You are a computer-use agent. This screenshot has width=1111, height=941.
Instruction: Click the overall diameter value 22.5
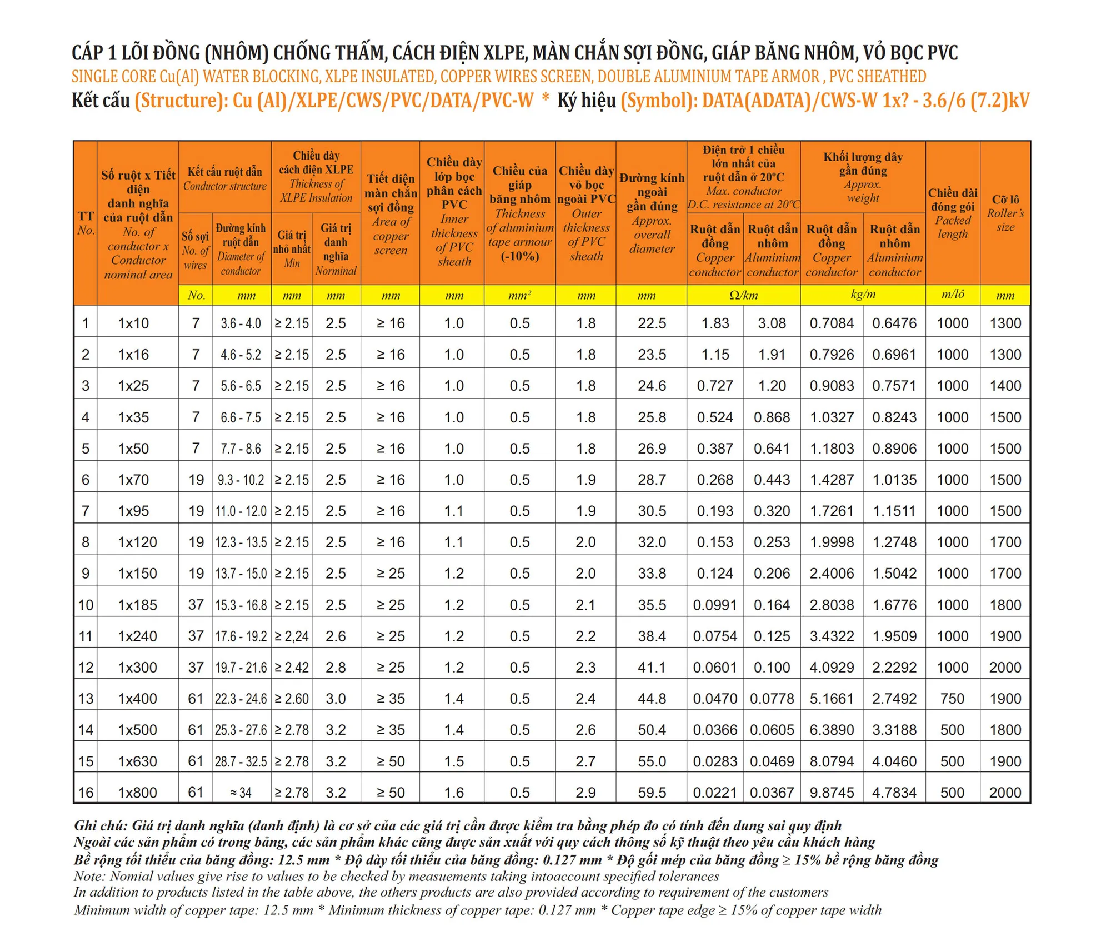point(652,323)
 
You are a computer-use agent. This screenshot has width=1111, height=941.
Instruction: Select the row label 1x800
point(137,793)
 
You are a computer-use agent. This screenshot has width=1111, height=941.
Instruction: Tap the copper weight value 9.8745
point(832,793)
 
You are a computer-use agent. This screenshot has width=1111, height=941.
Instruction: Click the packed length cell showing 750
point(952,699)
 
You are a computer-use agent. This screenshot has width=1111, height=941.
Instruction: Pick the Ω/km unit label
point(743,295)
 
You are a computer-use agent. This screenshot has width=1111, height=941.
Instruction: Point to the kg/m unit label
point(863,295)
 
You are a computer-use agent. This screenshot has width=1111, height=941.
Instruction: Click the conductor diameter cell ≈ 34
point(241,793)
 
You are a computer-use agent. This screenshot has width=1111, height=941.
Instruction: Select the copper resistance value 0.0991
point(715,605)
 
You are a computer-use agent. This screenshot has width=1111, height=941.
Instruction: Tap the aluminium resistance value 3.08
point(772,323)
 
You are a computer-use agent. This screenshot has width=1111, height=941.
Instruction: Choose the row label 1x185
point(137,605)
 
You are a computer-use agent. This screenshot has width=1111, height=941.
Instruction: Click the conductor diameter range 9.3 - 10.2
point(241,480)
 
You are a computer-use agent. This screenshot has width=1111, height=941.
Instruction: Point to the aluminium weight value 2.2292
point(894,668)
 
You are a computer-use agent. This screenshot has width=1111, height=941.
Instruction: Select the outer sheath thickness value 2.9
point(586,793)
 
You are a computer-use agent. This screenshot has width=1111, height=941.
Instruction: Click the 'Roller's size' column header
point(1005,213)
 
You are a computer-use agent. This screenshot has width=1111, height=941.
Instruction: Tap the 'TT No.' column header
point(86,223)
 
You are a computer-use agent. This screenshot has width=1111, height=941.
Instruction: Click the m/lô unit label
point(953,295)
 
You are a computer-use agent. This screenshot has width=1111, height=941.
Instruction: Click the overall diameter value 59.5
point(652,793)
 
